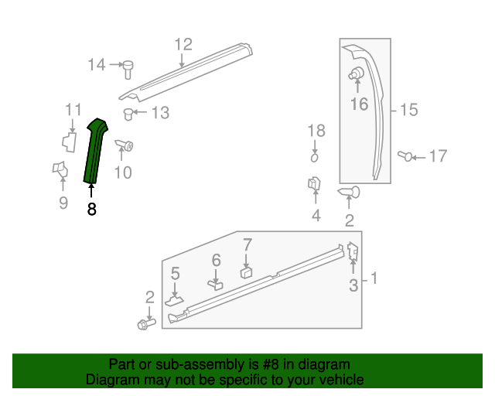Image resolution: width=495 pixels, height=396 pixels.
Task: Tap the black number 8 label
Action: pos(92,209)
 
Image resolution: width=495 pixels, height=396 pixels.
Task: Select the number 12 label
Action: pos(183,44)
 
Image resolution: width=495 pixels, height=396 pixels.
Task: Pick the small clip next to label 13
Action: pos(129,114)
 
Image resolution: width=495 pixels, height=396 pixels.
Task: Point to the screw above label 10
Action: pos(125,145)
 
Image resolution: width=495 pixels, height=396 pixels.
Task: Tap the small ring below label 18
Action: pos(315,157)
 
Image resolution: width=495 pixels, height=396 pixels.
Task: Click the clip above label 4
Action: pos(315,185)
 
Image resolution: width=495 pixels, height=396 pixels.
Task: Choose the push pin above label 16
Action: pos(357,74)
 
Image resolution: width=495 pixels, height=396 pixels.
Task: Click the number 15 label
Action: pos(408,111)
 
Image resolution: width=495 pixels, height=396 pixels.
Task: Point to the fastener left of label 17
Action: pos(405,156)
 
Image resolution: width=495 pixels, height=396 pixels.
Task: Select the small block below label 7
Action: pos(247,271)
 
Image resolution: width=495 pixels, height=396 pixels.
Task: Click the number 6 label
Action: pos(217,261)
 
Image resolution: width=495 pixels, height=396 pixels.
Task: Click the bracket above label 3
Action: pos(352,251)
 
